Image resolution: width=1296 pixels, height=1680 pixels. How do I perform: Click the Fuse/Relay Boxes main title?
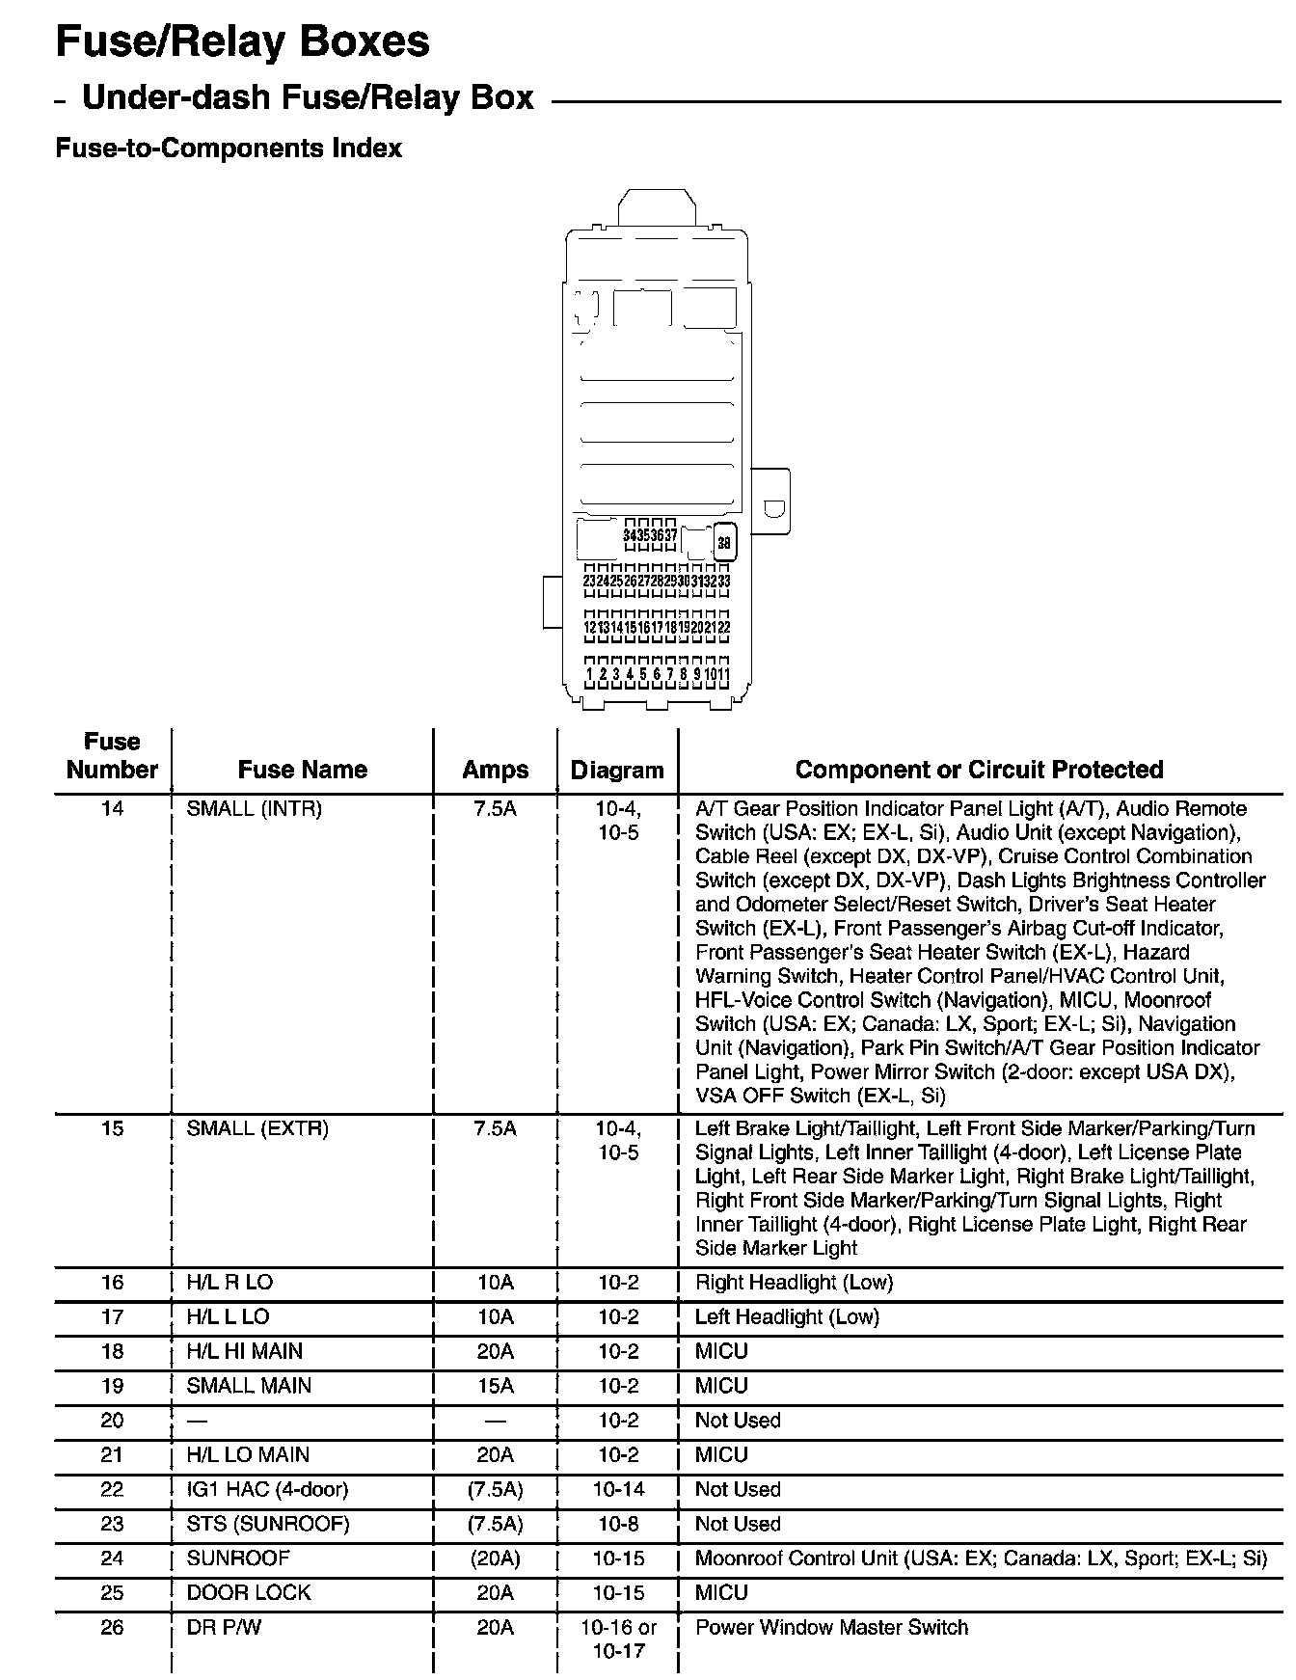pos(242,42)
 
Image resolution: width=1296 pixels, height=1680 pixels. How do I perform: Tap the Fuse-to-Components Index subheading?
pos(229,149)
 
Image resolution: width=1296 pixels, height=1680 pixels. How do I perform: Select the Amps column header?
pos(495,770)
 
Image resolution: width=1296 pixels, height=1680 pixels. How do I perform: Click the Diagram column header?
pos(617,770)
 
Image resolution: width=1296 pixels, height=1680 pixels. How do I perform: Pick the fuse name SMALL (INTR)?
pos(254,809)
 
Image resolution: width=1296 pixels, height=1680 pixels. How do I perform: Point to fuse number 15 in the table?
pos(112,1128)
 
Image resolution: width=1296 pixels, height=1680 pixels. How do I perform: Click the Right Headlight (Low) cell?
pos(794,1283)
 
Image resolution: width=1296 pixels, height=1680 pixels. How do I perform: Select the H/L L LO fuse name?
pos(228,1317)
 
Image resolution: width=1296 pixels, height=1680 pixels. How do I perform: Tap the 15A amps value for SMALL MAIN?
pos(495,1386)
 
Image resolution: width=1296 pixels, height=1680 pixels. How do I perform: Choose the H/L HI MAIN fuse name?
pos(244,1352)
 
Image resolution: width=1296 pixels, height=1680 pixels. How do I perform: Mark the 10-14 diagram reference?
pos(617,1490)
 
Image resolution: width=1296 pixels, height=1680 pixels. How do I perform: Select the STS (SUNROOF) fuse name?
pos(267,1525)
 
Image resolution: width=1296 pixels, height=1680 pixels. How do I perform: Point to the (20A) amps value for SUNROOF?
pos(495,1558)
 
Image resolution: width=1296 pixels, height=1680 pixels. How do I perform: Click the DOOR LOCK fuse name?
pos(249,1593)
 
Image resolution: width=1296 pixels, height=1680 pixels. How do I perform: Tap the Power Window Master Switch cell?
pos(831,1628)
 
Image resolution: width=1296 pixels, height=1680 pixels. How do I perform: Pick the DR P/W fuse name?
pos(224,1628)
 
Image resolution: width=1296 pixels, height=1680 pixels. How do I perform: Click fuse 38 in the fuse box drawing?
pos(724,542)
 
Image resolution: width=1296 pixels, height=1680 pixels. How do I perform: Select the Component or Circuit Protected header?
pos(979,770)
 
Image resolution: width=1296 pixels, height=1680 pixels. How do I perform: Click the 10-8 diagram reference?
pos(617,1525)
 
